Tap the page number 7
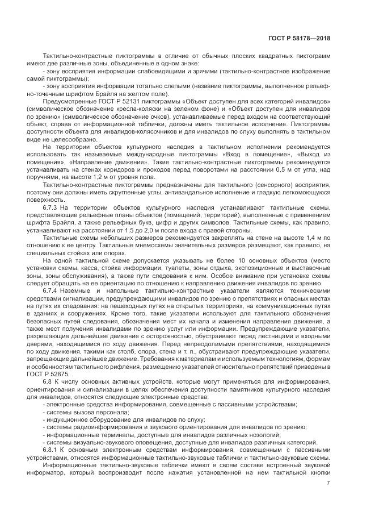328,483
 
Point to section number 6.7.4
52,290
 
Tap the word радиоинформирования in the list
99,425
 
